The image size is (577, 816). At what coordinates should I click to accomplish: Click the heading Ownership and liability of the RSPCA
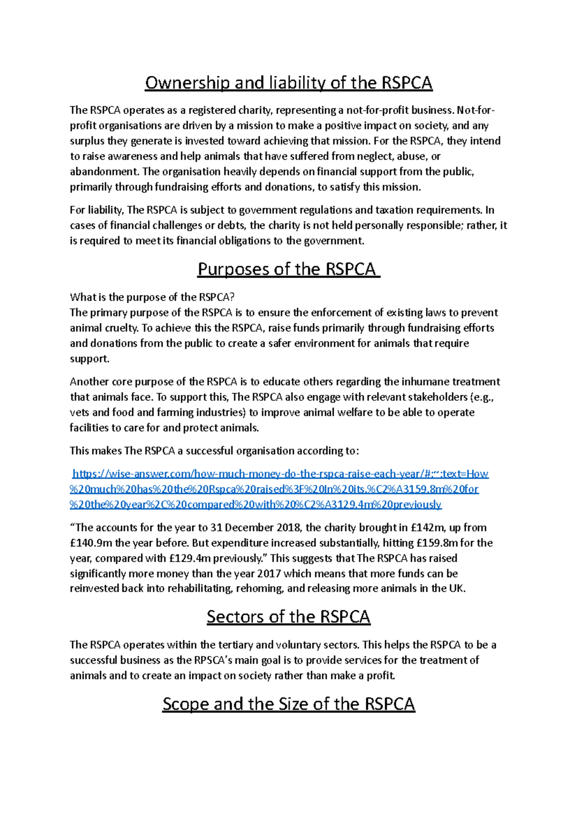(288, 83)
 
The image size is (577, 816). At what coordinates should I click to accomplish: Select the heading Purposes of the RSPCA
(288, 269)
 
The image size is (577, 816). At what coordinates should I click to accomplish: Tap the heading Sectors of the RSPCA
(288, 617)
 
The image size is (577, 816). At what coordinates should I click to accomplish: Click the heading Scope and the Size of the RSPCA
(288, 704)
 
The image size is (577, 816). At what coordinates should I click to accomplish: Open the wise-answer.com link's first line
(280, 474)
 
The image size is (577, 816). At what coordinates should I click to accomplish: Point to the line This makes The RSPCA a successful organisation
(214, 451)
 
